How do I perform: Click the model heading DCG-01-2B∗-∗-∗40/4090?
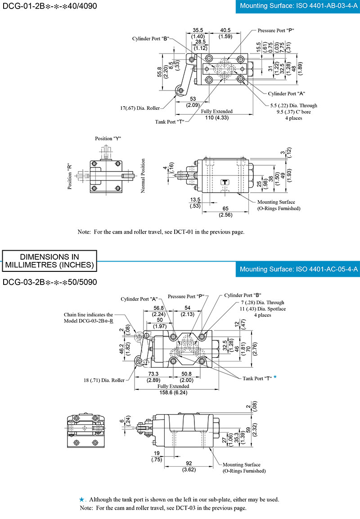pos(49,6)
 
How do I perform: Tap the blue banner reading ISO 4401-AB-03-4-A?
pos(298,6)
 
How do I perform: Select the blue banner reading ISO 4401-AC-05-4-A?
pos(298,269)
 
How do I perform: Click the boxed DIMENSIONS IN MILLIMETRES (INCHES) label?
pos(49,261)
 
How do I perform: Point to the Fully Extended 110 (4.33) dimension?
pos(217,114)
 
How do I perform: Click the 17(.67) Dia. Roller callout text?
pos(140,108)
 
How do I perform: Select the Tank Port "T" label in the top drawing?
pos(170,122)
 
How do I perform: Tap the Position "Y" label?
pos(108,139)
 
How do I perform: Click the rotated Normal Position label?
pos(143,176)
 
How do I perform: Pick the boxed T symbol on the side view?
pos(225,182)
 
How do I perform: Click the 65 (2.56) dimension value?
pos(225,212)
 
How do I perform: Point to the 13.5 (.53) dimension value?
pos(195,203)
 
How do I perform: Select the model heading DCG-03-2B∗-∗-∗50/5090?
pos(49,282)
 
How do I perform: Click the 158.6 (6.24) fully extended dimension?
pos(173,393)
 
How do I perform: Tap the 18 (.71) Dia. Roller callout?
pos(104,380)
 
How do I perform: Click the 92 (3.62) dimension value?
pos(189,466)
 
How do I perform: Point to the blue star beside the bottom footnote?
pos(82,500)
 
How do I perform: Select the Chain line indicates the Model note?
pos(89,318)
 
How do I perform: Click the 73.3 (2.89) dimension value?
pos(153,377)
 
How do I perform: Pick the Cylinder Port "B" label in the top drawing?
pos(151,39)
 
